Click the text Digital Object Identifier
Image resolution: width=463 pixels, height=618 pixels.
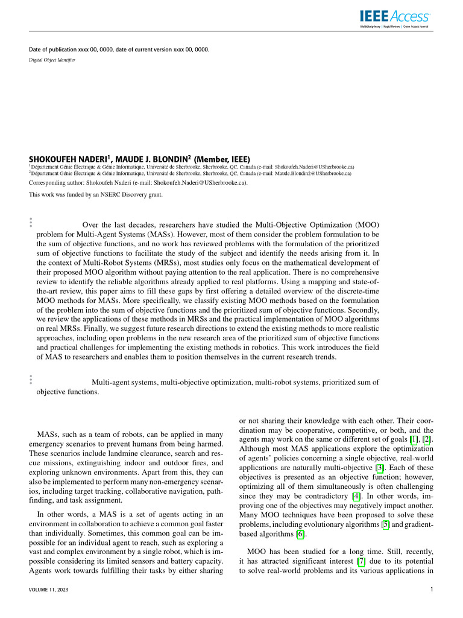point(52,60)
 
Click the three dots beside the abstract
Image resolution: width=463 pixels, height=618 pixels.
point(31,222)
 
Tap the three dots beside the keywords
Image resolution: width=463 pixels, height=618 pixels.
point(31,379)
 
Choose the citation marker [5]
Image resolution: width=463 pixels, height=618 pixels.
point(386,525)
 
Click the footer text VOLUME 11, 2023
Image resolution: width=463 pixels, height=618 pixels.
point(51,590)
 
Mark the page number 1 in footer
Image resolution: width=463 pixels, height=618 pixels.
point(432,590)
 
